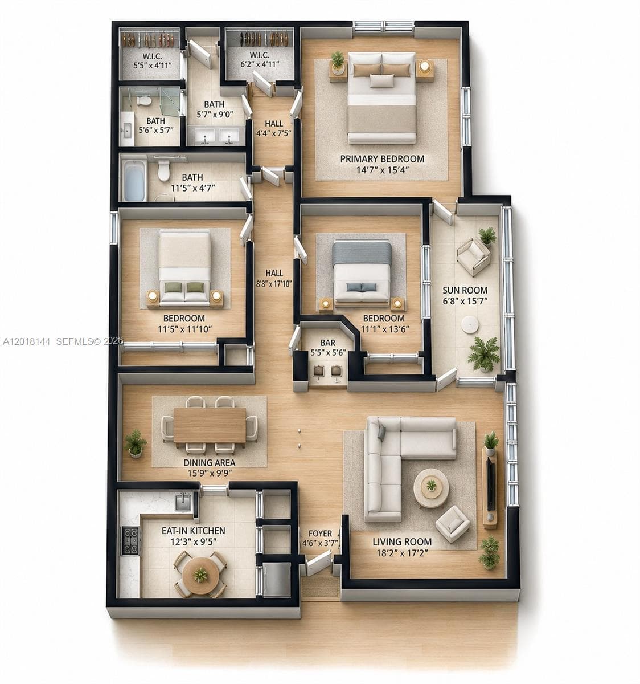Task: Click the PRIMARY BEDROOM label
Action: point(382,159)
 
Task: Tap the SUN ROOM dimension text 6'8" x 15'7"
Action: point(465,302)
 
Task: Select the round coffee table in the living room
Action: point(431,488)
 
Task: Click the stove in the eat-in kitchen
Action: point(130,540)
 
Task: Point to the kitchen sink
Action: point(183,502)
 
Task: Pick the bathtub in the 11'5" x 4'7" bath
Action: point(133,181)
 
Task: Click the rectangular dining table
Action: point(210,425)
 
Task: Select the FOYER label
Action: point(320,534)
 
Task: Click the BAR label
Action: point(327,343)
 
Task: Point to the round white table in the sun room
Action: point(470,324)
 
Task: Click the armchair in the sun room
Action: point(473,256)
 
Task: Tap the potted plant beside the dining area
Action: point(135,443)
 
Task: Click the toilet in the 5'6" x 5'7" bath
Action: point(144,100)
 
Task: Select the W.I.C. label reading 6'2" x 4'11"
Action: point(260,60)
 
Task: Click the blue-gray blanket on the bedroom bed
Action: point(362,252)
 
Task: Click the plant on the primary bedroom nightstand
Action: point(338,62)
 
